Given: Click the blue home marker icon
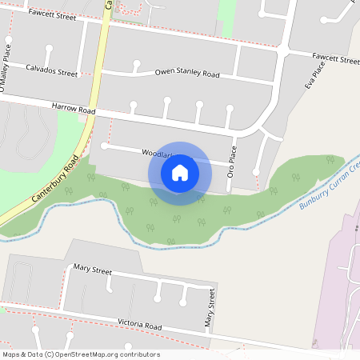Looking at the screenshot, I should click(180, 172).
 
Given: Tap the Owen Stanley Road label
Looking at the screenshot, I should click(187, 74).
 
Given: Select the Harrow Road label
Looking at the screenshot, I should click(73, 110).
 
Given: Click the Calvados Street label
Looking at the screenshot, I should click(52, 72).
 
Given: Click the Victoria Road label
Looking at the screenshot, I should click(140, 327).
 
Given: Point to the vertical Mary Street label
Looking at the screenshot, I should click(210, 310).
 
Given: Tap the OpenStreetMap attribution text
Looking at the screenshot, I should click(81, 354).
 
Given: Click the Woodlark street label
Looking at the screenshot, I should click(157, 152).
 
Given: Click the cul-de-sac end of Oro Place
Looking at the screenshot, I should click(255, 171).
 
